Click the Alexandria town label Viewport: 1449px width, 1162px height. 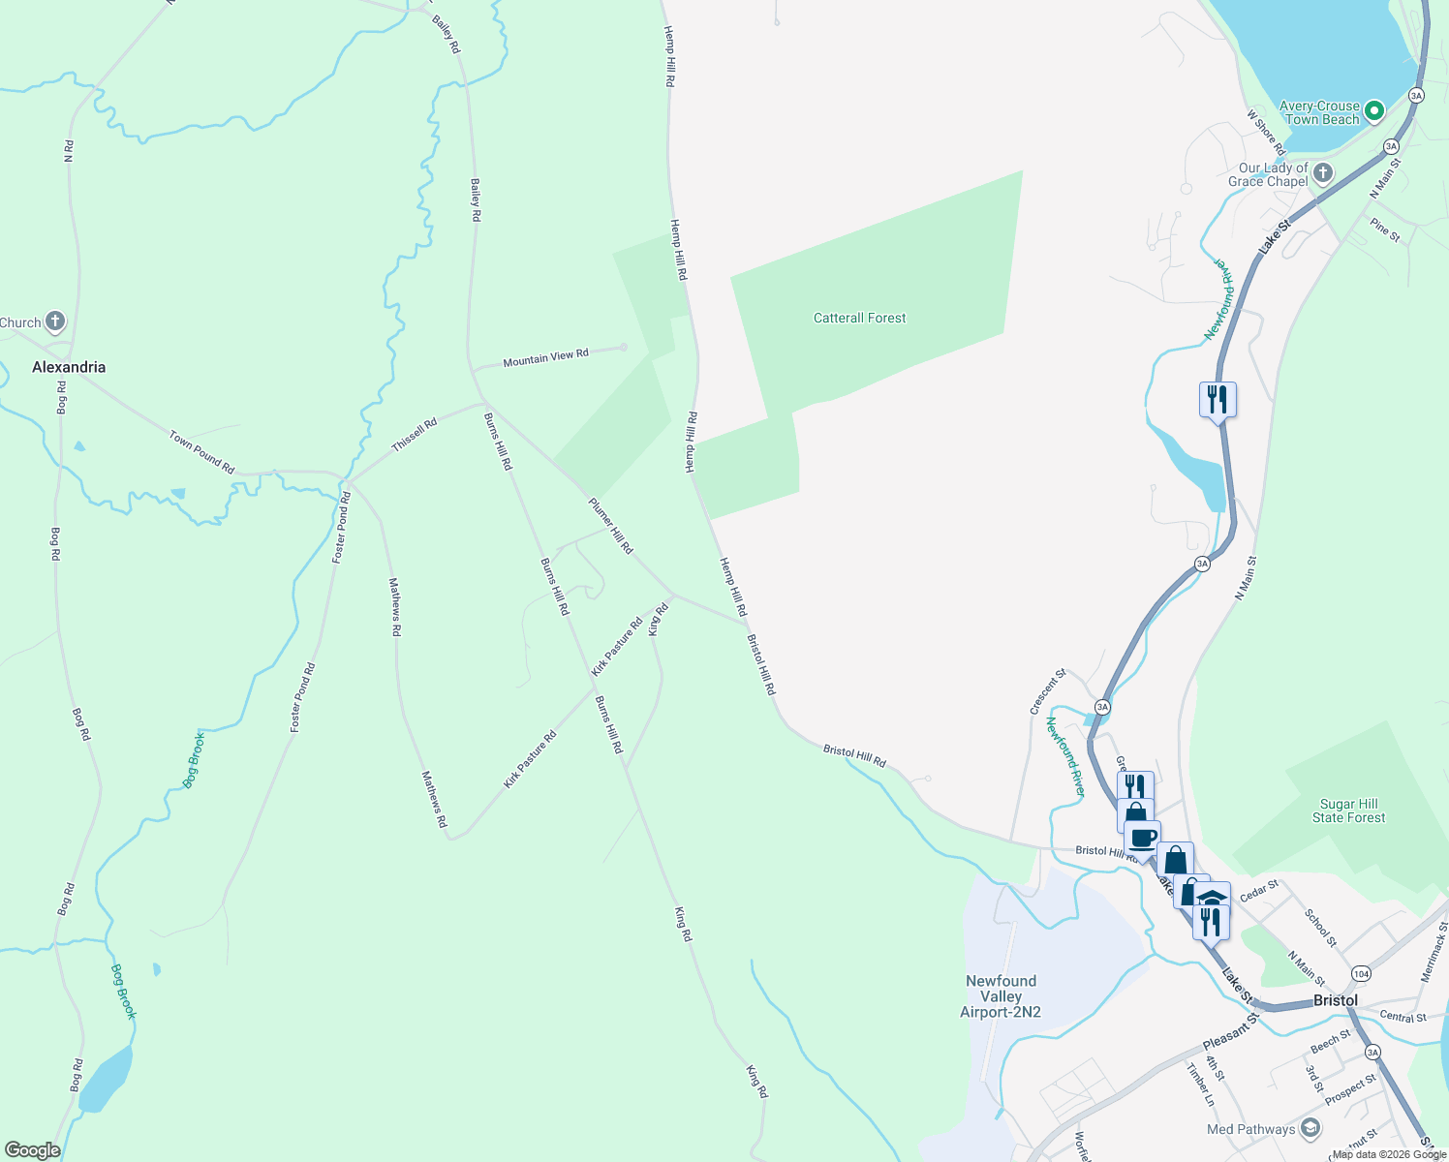[x=69, y=367]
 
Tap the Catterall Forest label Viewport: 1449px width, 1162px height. [x=859, y=318]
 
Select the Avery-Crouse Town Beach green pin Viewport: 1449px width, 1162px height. [x=1373, y=112]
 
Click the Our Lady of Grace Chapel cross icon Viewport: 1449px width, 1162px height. [x=1323, y=173]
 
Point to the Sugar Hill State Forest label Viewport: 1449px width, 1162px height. [x=1348, y=810]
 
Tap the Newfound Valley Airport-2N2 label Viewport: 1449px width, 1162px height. [x=1001, y=996]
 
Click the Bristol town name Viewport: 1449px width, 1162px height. [x=1335, y=1000]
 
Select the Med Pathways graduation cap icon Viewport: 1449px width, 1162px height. [x=1310, y=1128]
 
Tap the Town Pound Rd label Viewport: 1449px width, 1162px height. [x=201, y=452]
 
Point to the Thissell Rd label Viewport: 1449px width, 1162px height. [x=415, y=435]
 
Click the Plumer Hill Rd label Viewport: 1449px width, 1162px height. [x=610, y=526]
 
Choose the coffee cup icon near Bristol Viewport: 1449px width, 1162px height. [x=1143, y=838]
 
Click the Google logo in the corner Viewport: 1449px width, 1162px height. [x=33, y=1150]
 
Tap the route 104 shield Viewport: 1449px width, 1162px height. [x=1361, y=973]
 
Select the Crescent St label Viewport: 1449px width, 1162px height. [x=1047, y=691]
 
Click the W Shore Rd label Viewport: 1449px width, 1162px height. [x=1265, y=133]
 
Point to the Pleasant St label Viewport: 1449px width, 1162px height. [x=1231, y=1032]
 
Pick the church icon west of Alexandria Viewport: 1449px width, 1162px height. [x=55, y=321]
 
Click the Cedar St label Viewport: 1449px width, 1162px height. [x=1259, y=890]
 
